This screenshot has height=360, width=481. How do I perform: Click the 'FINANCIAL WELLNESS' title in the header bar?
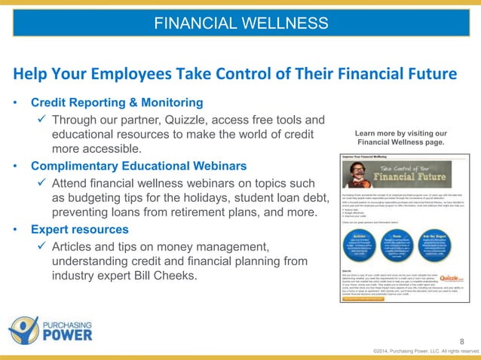240,23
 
